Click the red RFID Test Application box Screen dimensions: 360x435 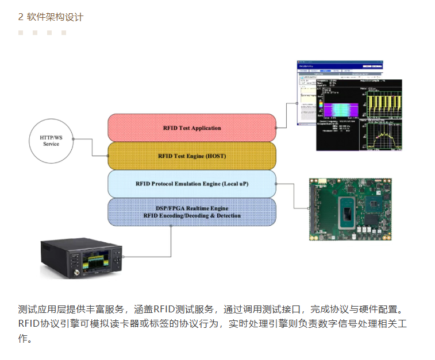192,127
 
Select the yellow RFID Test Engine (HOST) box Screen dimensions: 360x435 192,156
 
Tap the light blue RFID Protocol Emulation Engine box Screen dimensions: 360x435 192,184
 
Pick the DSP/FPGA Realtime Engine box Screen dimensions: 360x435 192,212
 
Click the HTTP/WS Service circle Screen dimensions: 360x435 51,140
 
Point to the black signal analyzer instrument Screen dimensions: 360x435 81,259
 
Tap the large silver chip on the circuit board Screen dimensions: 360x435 350,211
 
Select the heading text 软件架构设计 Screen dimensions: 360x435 55,17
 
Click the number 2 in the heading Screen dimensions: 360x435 21,17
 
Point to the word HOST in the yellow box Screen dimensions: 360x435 215,156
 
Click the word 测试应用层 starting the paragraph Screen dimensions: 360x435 41,309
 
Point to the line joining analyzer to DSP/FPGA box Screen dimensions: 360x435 171,241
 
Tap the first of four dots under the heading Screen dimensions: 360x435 21,33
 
